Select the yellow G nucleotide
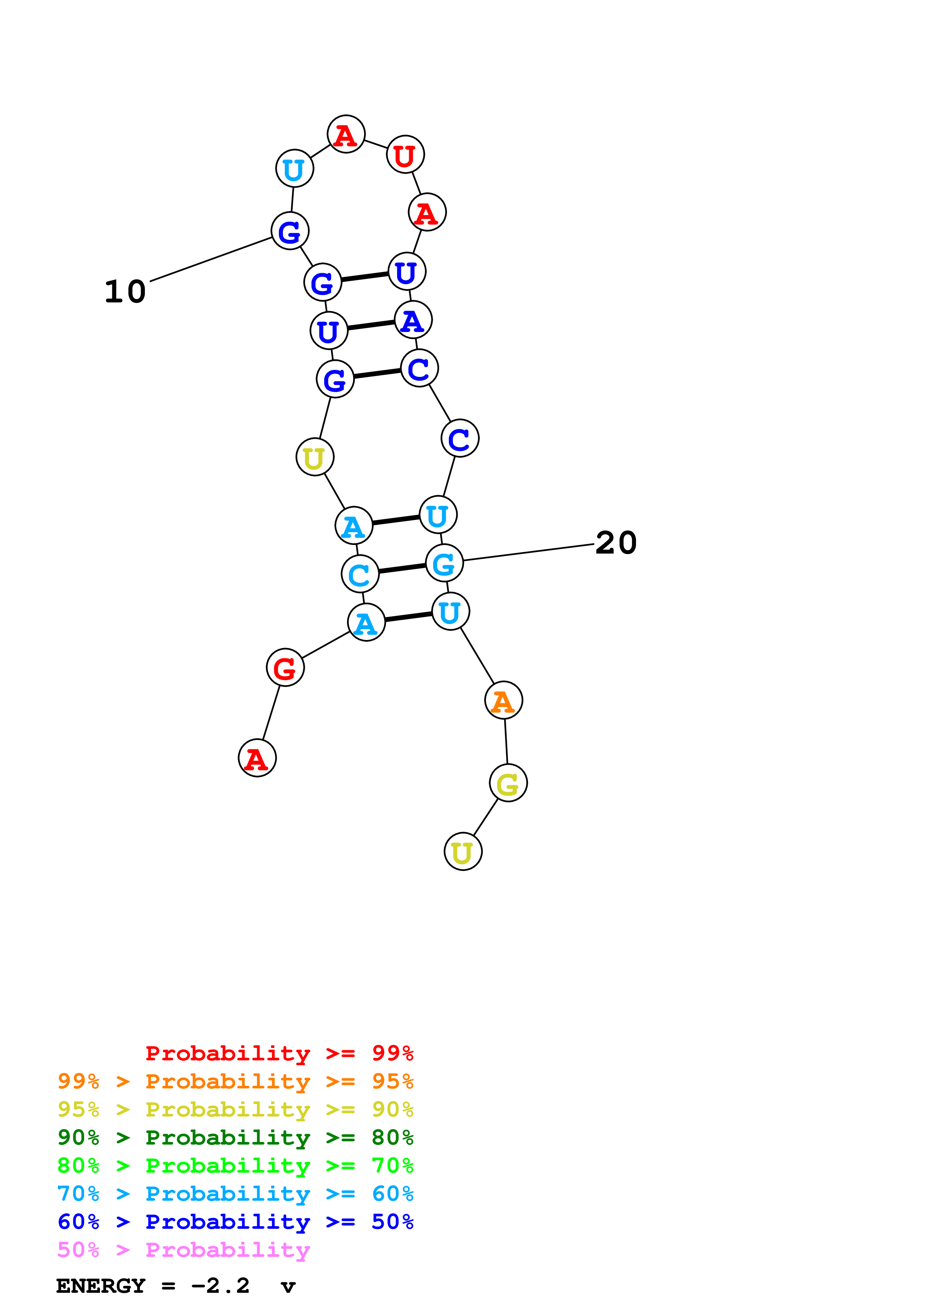click(x=508, y=783)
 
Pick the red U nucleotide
click(x=405, y=155)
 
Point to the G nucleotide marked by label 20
click(x=444, y=563)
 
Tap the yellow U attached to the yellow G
click(x=463, y=852)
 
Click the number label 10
click(x=125, y=292)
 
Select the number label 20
click(x=616, y=543)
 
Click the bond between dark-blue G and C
click(x=377, y=374)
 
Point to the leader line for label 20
click(x=529, y=552)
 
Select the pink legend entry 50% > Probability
click(x=183, y=1249)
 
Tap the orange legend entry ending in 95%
click(x=235, y=1081)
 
